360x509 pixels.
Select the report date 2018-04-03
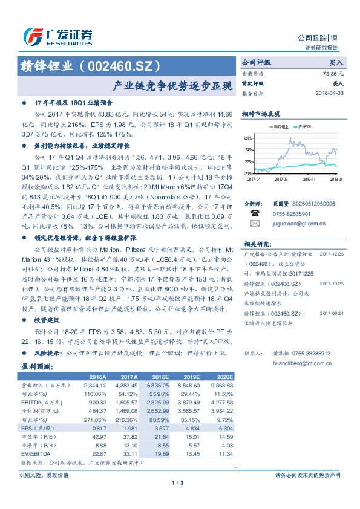(329, 94)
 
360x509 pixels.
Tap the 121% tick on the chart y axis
(248, 138)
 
